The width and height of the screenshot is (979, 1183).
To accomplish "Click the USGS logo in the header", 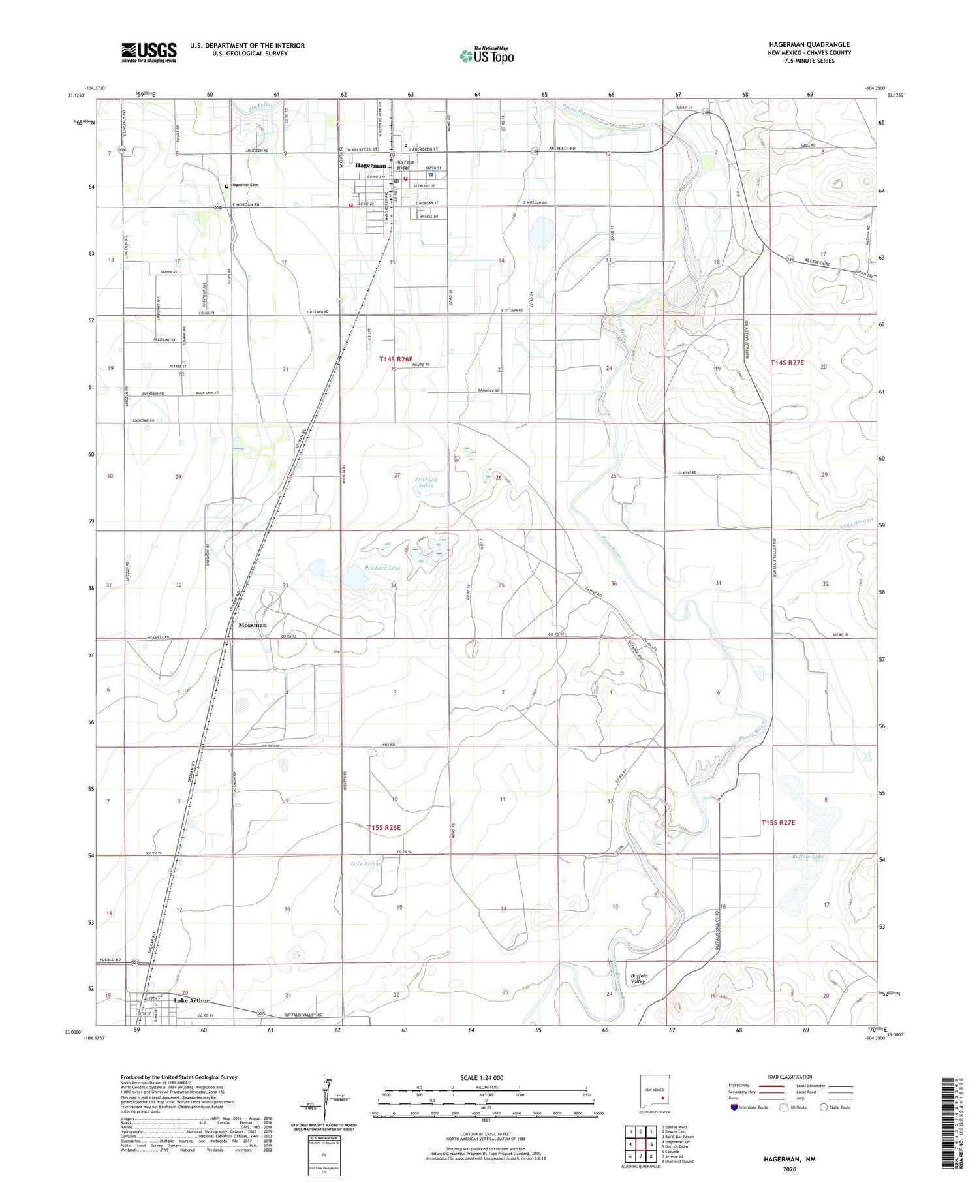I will (149, 52).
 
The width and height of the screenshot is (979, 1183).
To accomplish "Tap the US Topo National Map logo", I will (486, 56).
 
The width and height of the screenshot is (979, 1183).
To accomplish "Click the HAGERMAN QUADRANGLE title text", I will (809, 44).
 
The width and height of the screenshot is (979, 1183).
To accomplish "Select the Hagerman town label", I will (371, 166).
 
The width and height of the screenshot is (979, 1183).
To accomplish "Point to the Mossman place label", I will (253, 625).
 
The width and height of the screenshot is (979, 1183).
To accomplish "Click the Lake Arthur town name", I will (192, 1000).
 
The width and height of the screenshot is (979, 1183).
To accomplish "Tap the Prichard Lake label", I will (382, 568).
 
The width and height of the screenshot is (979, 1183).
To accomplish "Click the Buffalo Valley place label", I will (638, 978).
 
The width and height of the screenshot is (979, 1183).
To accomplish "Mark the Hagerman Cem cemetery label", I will (243, 185).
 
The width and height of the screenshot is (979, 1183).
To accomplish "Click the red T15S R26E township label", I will (384, 827).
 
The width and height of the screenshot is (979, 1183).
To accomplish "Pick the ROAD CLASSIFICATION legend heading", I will (789, 1077).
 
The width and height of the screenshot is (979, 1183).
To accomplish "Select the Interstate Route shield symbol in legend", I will (734, 1107).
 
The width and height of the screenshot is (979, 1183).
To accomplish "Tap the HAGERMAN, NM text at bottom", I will (789, 1160).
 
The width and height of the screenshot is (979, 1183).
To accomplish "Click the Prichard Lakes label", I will (426, 482).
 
